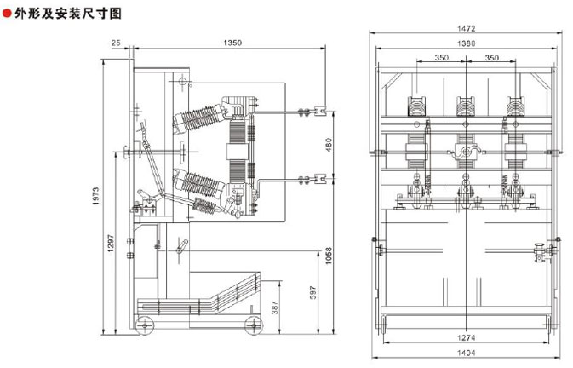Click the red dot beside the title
pyautogui.click(x=7, y=14)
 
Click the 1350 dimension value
pyautogui.click(x=232, y=43)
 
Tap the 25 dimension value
pyautogui.click(x=116, y=43)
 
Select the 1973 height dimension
pyautogui.click(x=95, y=196)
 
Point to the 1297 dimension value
pyautogui.click(x=111, y=244)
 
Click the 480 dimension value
pyautogui.click(x=329, y=145)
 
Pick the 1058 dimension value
pyautogui.click(x=329, y=256)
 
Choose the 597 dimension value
pyautogui.click(x=313, y=293)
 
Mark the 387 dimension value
pyautogui.click(x=275, y=308)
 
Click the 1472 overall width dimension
pyautogui.click(x=467, y=28)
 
